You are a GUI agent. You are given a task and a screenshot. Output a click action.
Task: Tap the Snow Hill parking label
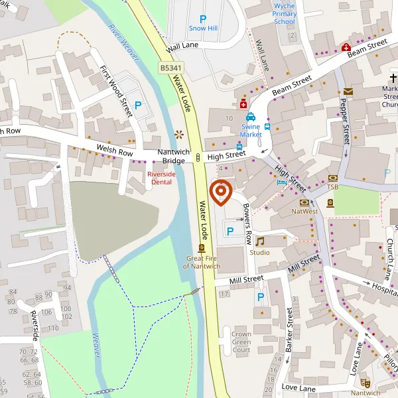[x=202, y=29]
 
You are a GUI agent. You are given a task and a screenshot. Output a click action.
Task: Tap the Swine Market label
[x=251, y=130]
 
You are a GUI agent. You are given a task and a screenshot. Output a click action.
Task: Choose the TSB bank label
[x=332, y=186]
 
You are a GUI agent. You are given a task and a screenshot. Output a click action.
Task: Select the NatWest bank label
[x=305, y=212]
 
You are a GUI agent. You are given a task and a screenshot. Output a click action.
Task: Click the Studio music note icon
[x=259, y=241]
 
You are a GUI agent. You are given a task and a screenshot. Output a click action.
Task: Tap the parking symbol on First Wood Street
[x=139, y=105]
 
